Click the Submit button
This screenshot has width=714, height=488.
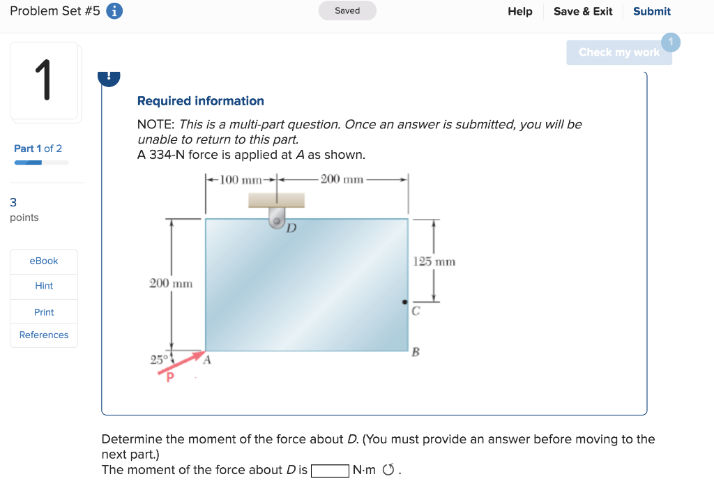pos(651,11)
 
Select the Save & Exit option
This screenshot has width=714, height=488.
pos(583,11)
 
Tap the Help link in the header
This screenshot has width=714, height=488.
pos(519,11)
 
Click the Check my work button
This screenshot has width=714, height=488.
pos(618,52)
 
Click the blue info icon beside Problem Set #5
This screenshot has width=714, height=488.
pos(115,11)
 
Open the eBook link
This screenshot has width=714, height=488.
pos(44,261)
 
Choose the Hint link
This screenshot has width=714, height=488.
pos(44,286)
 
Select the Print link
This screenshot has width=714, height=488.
pos(44,312)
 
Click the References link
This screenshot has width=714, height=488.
pos(44,335)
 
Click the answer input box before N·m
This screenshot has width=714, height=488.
pos(330,471)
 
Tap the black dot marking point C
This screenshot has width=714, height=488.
pos(404,302)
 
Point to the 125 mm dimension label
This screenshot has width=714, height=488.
pos(434,261)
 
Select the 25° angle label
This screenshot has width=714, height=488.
pos(158,360)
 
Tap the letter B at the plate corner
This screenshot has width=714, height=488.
pos(416,352)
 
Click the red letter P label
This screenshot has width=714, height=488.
pos(168,377)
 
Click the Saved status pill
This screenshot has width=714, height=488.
pos(347,11)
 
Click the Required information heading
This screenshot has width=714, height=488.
pos(201,101)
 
